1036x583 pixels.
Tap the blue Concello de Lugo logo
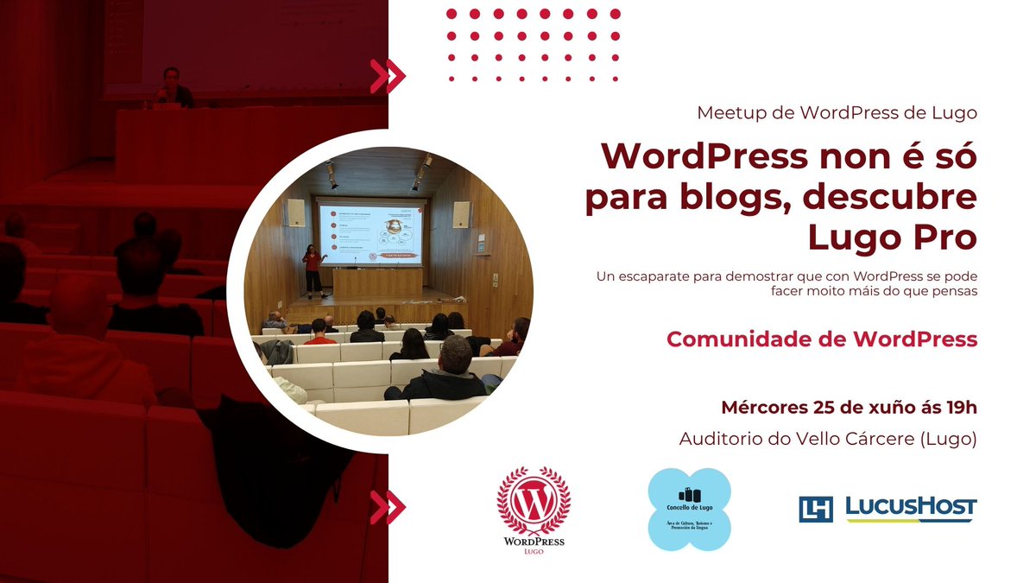[689, 510]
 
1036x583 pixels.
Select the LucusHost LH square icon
[816, 509]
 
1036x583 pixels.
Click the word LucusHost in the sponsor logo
[911, 506]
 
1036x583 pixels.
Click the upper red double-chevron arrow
[388, 76]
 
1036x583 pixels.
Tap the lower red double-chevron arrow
[388, 507]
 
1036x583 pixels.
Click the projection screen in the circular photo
[372, 233]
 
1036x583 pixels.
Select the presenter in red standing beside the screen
[311, 269]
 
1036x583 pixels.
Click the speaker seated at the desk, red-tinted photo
[171, 90]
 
